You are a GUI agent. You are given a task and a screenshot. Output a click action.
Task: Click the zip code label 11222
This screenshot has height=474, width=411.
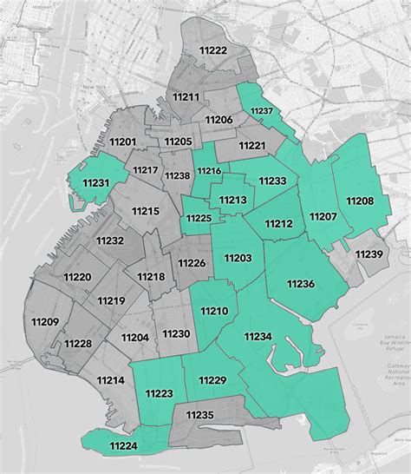pyautogui.click(x=212, y=51)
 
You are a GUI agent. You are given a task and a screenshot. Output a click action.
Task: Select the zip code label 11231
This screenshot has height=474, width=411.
pyautogui.click(x=96, y=183)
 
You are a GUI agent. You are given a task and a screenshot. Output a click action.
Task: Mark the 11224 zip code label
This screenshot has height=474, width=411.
pyautogui.click(x=123, y=446)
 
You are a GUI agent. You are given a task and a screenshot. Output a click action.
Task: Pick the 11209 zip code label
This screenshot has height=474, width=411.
pyautogui.click(x=43, y=322)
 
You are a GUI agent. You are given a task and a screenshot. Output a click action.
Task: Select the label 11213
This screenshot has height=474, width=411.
pyautogui.click(x=232, y=201)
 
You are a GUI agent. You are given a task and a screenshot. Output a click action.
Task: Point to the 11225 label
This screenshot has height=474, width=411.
pyautogui.click(x=199, y=217)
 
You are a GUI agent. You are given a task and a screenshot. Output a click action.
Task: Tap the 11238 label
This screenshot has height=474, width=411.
pyautogui.click(x=177, y=175)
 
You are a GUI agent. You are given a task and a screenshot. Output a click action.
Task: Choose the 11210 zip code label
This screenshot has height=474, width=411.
pyautogui.click(x=213, y=311)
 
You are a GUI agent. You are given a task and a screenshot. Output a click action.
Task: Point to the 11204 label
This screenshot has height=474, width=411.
pyautogui.click(x=134, y=337)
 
